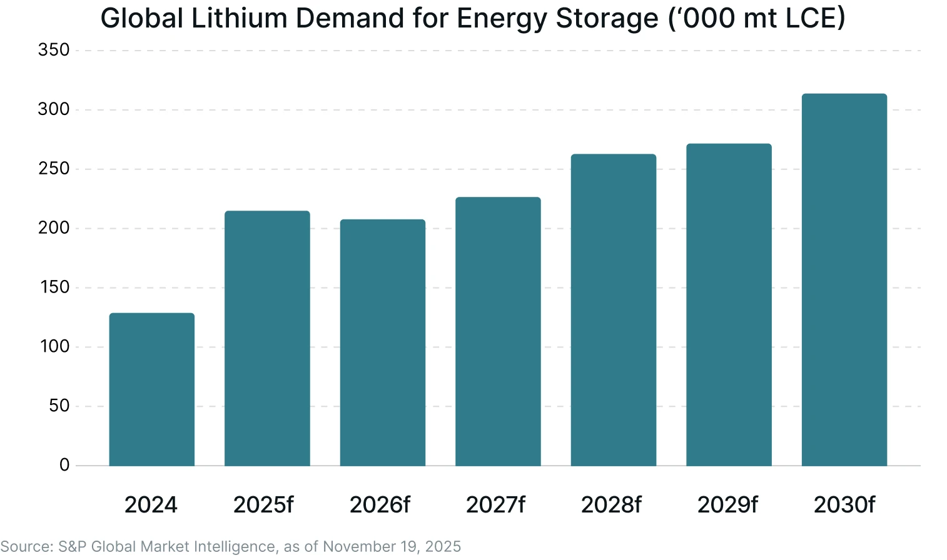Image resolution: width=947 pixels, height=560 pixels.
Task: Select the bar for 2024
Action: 151,389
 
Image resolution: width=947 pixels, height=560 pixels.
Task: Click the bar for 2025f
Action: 267,338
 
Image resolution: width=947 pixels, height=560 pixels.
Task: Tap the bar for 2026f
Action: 382,342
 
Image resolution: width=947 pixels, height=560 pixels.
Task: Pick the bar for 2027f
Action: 498,331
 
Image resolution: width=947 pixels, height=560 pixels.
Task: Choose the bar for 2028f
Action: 613,310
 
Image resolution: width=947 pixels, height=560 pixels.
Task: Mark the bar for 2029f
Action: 729,305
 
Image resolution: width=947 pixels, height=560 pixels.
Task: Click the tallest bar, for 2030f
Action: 844,280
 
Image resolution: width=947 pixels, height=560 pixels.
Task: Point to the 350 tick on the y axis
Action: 54,50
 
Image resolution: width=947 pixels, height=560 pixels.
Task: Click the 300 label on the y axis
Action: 54,109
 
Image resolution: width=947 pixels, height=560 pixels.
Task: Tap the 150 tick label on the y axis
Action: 54,287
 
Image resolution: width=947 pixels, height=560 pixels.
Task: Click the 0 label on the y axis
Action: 64,465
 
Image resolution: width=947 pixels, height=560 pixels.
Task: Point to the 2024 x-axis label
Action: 151,504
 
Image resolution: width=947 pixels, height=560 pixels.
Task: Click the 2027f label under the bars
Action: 495,504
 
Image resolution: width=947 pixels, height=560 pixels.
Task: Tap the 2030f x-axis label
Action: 844,504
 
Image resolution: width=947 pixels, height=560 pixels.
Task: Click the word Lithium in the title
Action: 240,18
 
